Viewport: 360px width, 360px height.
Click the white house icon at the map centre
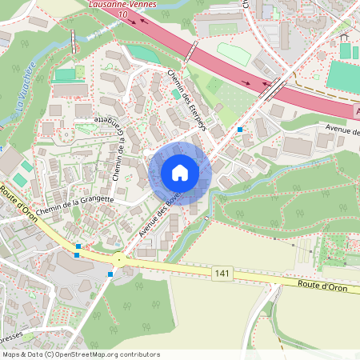(x=180, y=173)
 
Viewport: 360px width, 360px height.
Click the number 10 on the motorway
(x=122, y=14)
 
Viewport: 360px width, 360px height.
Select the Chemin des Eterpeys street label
(x=188, y=99)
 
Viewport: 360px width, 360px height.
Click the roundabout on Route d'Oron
(x=119, y=260)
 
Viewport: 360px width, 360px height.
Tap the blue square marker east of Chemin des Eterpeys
(x=240, y=129)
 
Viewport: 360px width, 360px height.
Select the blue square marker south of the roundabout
(x=110, y=274)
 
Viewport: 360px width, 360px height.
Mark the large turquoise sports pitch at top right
(x=342, y=75)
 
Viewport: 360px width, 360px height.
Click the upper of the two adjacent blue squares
(x=78, y=246)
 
